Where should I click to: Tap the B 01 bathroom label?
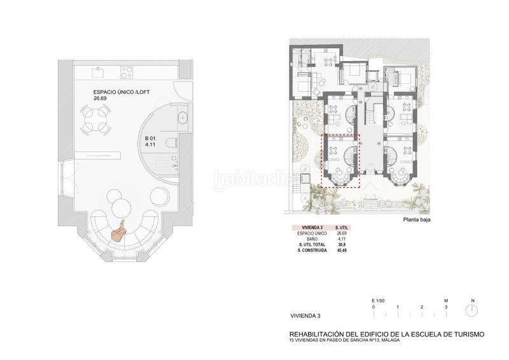pos(151,142)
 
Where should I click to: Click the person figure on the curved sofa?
pos(119,231)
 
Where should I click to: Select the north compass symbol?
pos(471,310)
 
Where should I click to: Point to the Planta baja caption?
pos(418,221)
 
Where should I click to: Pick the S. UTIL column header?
pos(340,228)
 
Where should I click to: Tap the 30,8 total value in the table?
pos(340,245)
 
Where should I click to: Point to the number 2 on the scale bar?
pos(422,307)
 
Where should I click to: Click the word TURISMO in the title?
pos(464,333)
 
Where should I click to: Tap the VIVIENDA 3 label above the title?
pos(305,315)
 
